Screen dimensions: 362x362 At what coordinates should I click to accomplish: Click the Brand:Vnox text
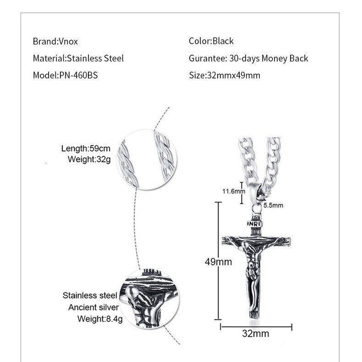coord(55,41)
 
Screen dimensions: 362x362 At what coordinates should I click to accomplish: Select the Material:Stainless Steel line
coord(78,59)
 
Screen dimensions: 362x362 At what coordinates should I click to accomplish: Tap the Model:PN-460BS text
coord(65,75)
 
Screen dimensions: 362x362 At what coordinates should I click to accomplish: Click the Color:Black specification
coord(211,41)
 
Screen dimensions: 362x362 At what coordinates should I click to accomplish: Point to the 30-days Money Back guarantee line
coord(248,59)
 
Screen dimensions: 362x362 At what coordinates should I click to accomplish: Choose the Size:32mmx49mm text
coord(225,75)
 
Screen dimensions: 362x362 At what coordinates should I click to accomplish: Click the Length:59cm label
coord(86,148)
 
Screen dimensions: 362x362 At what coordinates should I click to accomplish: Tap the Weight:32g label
coord(89,159)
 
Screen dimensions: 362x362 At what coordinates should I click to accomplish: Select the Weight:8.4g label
coord(99,318)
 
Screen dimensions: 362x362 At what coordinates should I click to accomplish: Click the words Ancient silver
coord(93,307)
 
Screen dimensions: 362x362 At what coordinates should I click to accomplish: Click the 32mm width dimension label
coord(255,334)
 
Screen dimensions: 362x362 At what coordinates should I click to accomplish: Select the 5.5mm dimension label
coord(273,205)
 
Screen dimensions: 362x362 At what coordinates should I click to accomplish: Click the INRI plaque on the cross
coord(254,224)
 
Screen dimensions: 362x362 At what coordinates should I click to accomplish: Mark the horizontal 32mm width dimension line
coord(256,326)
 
